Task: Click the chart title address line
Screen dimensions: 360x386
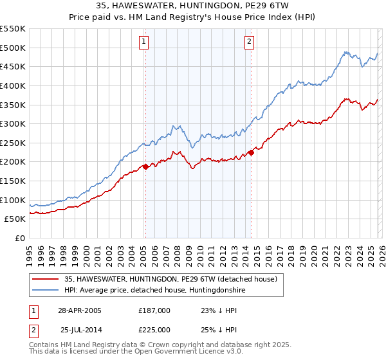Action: pyautogui.click(x=193, y=6)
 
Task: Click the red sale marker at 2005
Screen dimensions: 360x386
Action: pyautogui.click(x=145, y=166)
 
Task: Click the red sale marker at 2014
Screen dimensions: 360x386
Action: pyautogui.click(x=251, y=152)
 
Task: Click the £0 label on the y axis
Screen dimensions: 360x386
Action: pyautogui.click(x=19, y=239)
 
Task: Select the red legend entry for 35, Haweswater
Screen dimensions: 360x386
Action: pyautogui.click(x=170, y=279)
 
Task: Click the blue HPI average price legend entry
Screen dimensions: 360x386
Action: pyautogui.click(x=154, y=291)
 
